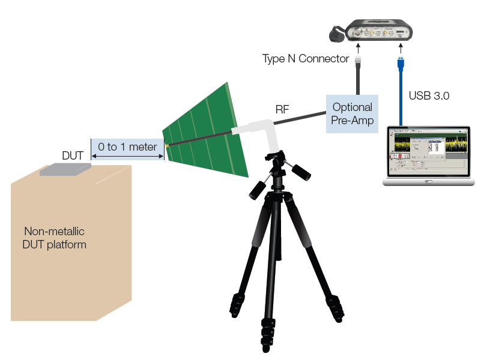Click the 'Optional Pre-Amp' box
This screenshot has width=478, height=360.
pyautogui.click(x=352, y=114)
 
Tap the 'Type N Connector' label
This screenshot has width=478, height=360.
pyautogui.click(x=306, y=59)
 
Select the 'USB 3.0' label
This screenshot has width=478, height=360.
pyautogui.click(x=429, y=95)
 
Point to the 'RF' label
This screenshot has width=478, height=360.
pyautogui.click(x=282, y=109)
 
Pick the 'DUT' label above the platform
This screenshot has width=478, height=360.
pyautogui.click(x=73, y=155)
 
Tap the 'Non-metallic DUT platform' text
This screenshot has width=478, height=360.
pyautogui.click(x=55, y=238)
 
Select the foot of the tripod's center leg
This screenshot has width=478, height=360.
pyautogui.click(x=267, y=342)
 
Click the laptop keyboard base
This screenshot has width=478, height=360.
pyautogui.click(x=428, y=181)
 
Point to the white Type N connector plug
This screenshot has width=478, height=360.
pyautogui.click(x=358, y=60)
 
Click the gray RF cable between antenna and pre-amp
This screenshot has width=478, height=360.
pyautogui.click(x=300, y=118)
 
